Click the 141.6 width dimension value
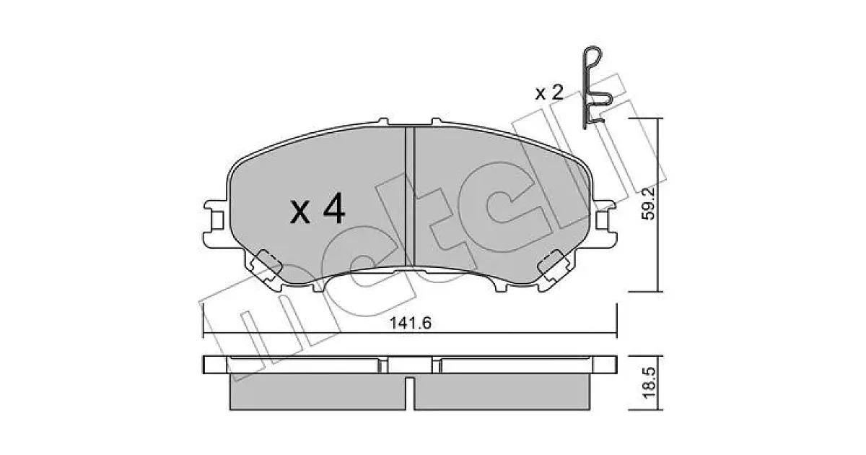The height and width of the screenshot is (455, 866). tap(410, 323)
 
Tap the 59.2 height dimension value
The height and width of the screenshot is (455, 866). tap(648, 204)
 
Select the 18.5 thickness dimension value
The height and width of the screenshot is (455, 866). tap(649, 383)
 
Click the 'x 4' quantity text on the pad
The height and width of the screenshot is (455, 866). tap(318, 209)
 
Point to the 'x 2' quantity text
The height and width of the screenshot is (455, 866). tap(549, 93)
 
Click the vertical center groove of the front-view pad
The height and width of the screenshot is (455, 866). tap(410, 196)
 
